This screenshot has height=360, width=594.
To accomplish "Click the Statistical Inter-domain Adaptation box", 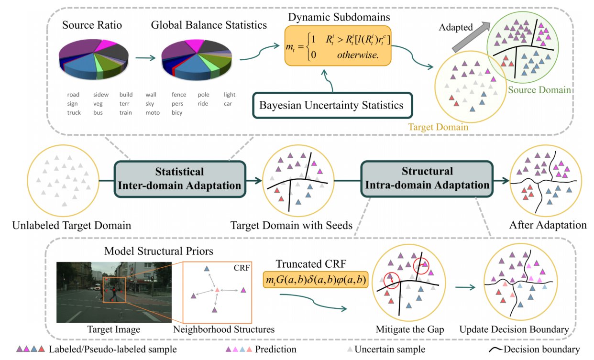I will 179,178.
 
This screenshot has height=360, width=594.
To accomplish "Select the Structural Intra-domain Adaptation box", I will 427,178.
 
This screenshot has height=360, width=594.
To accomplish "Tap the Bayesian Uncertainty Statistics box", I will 331,105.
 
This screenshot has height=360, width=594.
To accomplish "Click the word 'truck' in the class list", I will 74,113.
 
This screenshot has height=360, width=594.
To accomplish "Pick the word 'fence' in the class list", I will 179,95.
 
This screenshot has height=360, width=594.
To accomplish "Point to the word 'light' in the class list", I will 230,95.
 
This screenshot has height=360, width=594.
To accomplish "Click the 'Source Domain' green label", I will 539,89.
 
